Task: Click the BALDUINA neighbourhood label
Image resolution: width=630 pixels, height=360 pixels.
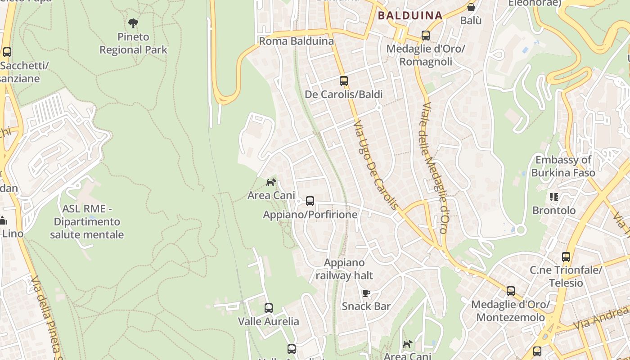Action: pos(410,16)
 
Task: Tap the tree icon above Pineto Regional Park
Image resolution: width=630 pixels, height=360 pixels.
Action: pos(133,23)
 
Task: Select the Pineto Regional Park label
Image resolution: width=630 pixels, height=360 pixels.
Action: pos(133,43)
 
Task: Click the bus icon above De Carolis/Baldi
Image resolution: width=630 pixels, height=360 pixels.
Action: pos(344,81)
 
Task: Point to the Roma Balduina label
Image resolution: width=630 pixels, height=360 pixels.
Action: pos(296,41)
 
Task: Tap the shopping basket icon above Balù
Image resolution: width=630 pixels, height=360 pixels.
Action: pos(471,7)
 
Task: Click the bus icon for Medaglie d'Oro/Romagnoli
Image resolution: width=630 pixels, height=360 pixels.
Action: pos(425,35)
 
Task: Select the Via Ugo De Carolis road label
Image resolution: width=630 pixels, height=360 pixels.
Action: pos(376,165)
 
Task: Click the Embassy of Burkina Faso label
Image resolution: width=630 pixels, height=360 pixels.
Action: pos(563,166)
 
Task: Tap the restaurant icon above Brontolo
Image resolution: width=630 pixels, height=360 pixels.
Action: pos(553,197)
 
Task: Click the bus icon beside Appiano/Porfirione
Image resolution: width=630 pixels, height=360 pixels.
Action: pos(310,201)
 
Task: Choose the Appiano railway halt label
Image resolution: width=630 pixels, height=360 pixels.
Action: pos(344,269)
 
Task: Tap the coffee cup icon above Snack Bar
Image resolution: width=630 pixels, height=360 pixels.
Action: pos(366,293)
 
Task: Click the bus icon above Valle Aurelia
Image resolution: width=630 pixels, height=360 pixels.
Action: pos(269,308)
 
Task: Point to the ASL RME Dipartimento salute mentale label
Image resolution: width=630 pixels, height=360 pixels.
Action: pos(87,221)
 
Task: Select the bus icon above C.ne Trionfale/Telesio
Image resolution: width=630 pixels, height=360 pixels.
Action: pos(566,257)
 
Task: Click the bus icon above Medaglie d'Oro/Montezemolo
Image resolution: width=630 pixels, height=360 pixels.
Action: pos(510,291)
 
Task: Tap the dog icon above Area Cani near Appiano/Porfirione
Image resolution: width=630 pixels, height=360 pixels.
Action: pos(271,182)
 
